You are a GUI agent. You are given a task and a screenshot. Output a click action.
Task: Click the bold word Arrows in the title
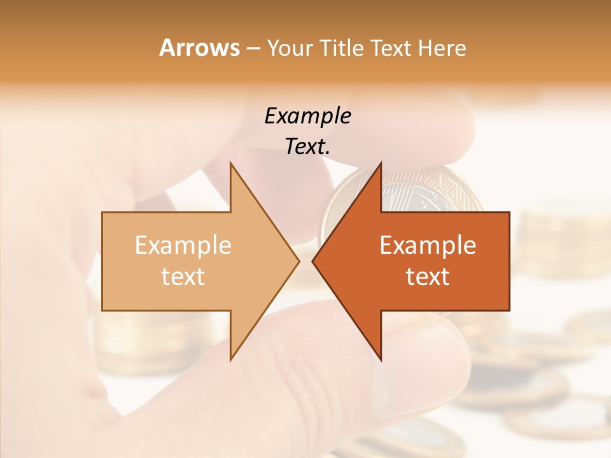click(200, 48)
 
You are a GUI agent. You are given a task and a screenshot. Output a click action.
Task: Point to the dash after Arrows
click(253, 49)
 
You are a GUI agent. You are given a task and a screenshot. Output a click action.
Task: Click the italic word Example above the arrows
click(308, 116)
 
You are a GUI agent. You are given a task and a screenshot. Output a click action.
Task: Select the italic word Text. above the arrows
click(308, 146)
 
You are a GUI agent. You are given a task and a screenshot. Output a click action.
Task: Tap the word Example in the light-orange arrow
click(183, 246)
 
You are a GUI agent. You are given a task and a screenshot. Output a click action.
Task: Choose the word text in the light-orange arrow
click(183, 277)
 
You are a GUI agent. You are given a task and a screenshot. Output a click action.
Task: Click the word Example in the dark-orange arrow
click(428, 246)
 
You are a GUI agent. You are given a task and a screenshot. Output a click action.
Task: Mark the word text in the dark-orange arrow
click(428, 277)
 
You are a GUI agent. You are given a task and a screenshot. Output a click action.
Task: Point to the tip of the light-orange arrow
click(298, 261)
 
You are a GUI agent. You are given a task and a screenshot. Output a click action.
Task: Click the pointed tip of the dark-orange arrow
click(313, 261)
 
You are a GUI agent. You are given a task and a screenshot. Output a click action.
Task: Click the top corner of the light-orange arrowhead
click(231, 163)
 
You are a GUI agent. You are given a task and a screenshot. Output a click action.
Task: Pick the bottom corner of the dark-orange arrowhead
click(381, 359)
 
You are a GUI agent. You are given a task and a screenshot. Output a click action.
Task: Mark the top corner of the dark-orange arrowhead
click(381, 163)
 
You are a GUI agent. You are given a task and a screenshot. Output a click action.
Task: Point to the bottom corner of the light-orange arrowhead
click(231, 359)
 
